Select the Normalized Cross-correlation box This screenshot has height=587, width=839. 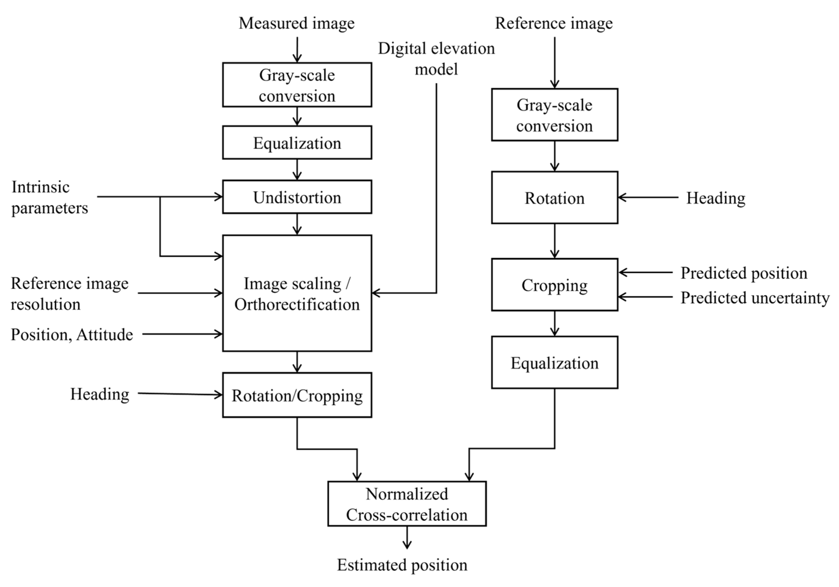pyautogui.click(x=407, y=504)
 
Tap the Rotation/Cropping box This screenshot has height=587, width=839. pyautogui.click(x=297, y=395)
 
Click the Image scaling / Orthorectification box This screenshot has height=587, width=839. pyautogui.click(x=297, y=293)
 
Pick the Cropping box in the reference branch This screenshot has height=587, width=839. pyautogui.click(x=554, y=285)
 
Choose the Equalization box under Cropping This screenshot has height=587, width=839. pyautogui.click(x=554, y=362)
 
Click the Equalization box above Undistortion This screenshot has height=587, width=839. pyautogui.click(x=297, y=142)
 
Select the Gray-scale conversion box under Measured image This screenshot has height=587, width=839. pyautogui.click(x=297, y=85)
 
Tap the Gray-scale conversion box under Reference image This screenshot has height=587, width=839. pyautogui.click(x=554, y=115)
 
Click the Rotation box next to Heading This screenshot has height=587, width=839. pyautogui.click(x=554, y=198)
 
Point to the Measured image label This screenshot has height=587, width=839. pyautogui.click(x=296, y=23)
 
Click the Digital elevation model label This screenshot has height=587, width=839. pyautogui.click(x=436, y=58)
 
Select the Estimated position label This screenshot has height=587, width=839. pyautogui.click(x=402, y=565)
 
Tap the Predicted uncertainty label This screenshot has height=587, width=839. pyautogui.click(x=755, y=297)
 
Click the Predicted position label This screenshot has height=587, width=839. pyautogui.click(x=744, y=273)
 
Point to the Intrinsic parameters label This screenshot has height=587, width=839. pyautogui.click(x=49, y=198)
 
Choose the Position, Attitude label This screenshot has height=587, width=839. pyautogui.click(x=72, y=334)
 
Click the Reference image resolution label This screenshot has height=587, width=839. pyautogui.click(x=69, y=293)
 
